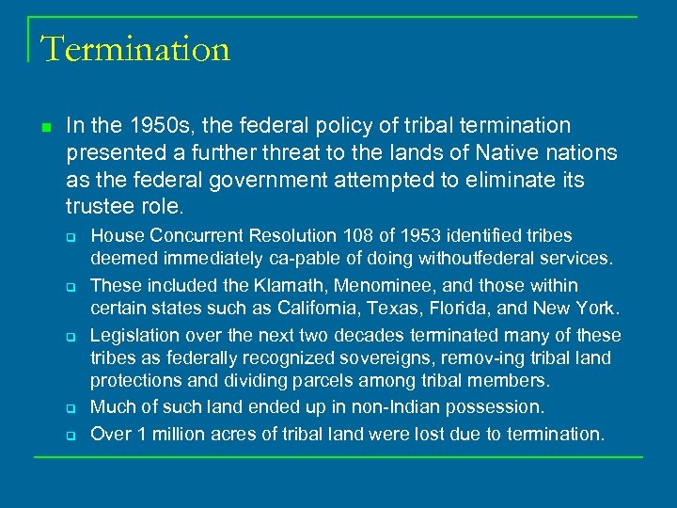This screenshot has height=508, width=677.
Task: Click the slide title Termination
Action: (x=135, y=48)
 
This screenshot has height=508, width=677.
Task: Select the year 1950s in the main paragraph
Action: (x=154, y=126)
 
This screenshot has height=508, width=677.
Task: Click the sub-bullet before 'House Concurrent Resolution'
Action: (x=70, y=235)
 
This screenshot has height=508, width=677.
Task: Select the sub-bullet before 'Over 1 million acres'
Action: (x=70, y=435)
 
